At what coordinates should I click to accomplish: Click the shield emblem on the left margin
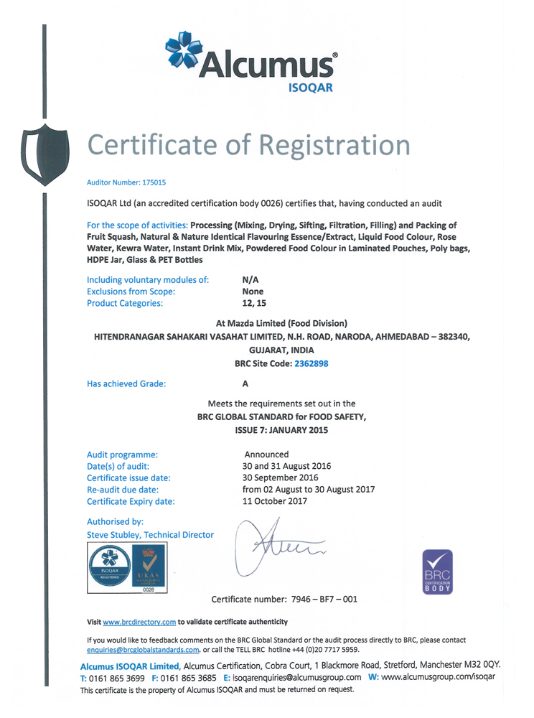[x=45, y=152]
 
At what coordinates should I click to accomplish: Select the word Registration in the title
[x=334, y=145]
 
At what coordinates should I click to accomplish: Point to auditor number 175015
[x=151, y=183]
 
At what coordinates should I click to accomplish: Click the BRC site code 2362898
[x=311, y=363]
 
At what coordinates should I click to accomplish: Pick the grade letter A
[x=245, y=383]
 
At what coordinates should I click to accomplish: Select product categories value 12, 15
[x=254, y=303]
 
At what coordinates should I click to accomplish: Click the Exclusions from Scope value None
[x=253, y=292]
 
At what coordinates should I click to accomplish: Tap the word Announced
[x=266, y=454]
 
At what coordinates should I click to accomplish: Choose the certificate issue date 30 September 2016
[x=281, y=477]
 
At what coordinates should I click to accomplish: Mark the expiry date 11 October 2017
[x=275, y=501]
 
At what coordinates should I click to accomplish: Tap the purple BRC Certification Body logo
[x=438, y=572]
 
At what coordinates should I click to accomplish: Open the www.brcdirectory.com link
[x=139, y=622]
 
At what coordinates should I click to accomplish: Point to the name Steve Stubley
[x=114, y=535]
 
